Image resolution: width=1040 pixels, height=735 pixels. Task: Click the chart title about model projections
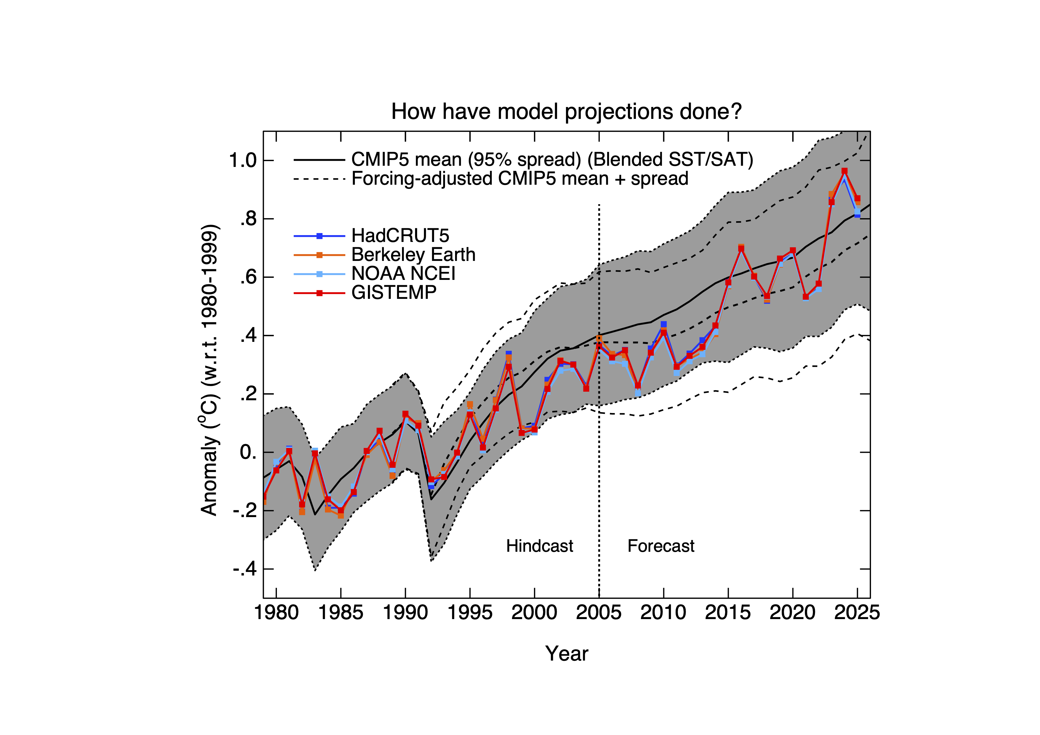point(566,112)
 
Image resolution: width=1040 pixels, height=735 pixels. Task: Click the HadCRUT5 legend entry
point(400,235)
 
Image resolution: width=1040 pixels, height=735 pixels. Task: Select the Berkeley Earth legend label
point(413,254)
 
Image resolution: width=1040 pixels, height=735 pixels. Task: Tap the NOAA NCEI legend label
point(403,274)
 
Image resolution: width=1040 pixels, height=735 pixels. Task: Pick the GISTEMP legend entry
point(394,293)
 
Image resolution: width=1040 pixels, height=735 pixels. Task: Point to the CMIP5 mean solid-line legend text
point(552,160)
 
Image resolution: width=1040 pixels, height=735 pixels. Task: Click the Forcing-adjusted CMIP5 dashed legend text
point(519,178)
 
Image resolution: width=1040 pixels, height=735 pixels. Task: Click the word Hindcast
point(540,546)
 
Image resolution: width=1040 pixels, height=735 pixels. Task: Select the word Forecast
point(661,546)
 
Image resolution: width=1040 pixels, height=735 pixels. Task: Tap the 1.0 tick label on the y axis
point(243,160)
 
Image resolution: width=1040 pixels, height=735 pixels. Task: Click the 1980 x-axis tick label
point(276,613)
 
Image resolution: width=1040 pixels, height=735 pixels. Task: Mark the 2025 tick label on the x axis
point(856,613)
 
